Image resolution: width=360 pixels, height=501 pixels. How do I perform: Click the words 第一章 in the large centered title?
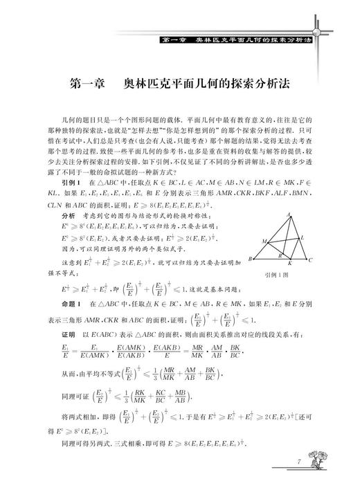[x=88, y=84]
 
